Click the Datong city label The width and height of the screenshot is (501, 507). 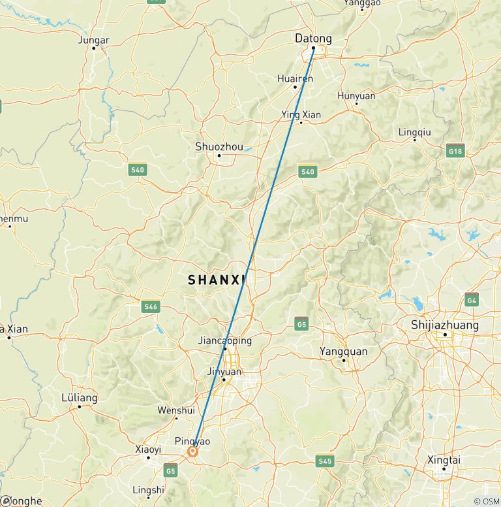click(x=313, y=39)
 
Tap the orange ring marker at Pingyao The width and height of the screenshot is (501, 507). click(x=193, y=451)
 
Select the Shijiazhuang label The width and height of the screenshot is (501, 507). click(x=445, y=325)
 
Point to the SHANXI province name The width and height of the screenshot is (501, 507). click(x=217, y=280)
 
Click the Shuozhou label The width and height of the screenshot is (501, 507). click(x=218, y=146)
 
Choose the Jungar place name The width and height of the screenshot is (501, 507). click(x=93, y=39)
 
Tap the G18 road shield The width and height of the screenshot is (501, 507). click(x=455, y=151)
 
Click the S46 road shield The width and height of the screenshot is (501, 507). click(x=151, y=306)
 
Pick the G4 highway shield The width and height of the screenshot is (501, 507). click(x=472, y=299)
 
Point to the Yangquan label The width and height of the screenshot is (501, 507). click(x=343, y=352)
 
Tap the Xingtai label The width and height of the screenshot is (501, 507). click(x=443, y=459)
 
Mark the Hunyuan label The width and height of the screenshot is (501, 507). click(x=356, y=95)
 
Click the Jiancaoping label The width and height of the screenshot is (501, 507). click(x=224, y=340)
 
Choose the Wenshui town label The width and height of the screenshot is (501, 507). click(x=176, y=410)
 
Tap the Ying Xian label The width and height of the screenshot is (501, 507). click(x=301, y=114)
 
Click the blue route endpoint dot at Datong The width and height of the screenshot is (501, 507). click(x=313, y=48)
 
